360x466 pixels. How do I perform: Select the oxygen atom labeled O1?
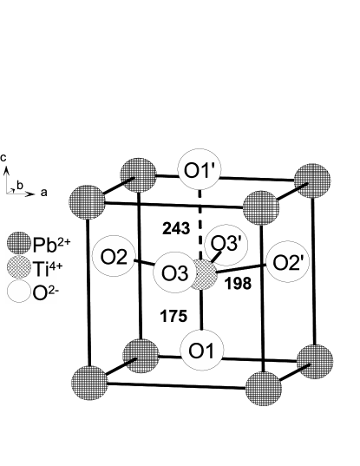201,351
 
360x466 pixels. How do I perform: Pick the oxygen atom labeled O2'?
287,261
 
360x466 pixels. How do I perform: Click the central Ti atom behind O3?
205,275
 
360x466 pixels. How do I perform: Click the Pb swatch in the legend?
19,242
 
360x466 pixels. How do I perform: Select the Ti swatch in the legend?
19,267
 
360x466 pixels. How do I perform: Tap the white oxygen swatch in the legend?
19,292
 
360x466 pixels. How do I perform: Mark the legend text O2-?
44,293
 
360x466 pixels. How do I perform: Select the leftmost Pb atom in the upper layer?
87,203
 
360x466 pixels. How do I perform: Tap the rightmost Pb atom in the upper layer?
312,180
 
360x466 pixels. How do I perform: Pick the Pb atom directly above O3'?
261,208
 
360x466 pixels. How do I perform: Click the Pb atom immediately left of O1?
141,356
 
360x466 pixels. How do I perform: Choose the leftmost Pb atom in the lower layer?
89,383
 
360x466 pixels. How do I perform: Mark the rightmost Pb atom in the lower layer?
315,361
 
